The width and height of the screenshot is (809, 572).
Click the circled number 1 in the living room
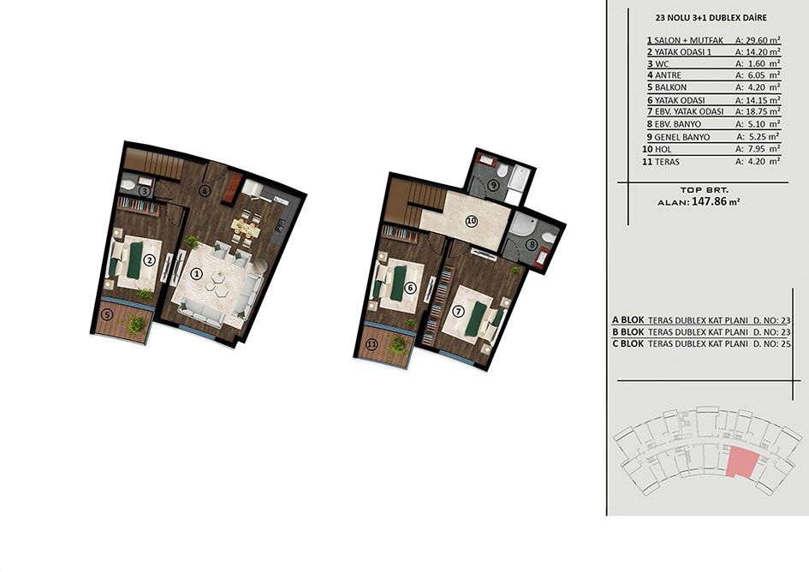tap(196, 274)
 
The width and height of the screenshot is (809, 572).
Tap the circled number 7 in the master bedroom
tap(458, 312)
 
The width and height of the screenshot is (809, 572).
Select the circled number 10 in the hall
tap(471, 222)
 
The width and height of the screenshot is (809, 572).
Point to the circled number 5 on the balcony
tap(107, 313)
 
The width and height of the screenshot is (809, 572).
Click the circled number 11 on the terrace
tap(372, 344)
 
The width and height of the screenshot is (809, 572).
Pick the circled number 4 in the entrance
tap(205, 191)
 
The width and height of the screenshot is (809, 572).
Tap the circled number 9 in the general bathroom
tap(494, 184)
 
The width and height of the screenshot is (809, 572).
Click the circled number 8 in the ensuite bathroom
tap(530, 245)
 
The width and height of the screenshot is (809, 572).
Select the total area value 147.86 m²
tap(717, 202)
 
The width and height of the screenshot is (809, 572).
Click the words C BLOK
tap(628, 344)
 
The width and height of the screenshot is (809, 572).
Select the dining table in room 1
tap(246, 226)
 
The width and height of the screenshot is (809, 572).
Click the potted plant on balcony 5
tap(137, 325)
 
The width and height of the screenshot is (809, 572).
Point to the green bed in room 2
tap(134, 260)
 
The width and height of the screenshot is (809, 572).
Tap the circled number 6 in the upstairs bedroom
tap(410, 288)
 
